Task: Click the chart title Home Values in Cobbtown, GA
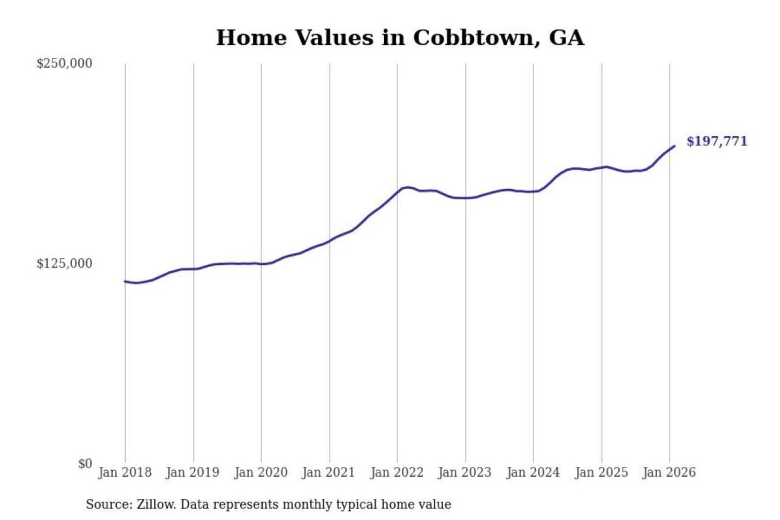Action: pos(400,37)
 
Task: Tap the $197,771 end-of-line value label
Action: pos(716,141)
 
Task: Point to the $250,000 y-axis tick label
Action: pos(64,63)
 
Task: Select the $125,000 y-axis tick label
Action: pos(64,264)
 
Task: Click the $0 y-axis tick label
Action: pos(85,464)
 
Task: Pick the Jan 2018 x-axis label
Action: pos(125,472)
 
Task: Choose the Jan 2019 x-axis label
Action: pos(192,472)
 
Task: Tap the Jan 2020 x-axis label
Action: pos(261,472)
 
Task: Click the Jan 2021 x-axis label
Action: pos(328,472)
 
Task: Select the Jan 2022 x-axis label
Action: pos(396,472)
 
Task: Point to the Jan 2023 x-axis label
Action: pos(464,472)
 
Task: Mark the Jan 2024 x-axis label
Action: pos(532,472)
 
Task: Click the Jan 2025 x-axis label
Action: pos(601,472)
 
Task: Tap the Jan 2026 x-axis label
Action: pos(668,472)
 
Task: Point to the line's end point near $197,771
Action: pos(674,146)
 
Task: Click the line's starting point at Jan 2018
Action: pos(125,281)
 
